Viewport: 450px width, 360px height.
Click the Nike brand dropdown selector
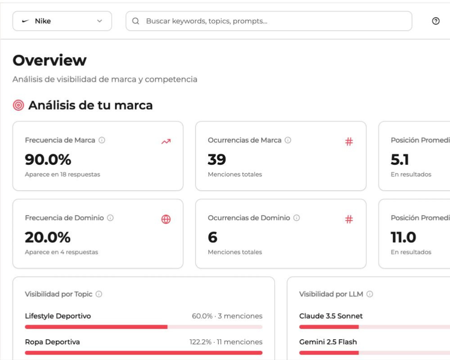tap(62, 21)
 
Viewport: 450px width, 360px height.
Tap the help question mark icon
tap(436, 21)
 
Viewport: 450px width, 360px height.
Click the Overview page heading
tap(49, 60)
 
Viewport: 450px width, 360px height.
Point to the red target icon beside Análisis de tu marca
tap(18, 105)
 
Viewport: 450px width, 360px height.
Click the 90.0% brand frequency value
tap(48, 159)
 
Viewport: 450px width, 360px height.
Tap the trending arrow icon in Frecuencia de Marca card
tap(166, 142)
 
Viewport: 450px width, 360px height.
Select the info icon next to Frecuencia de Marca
tap(102, 140)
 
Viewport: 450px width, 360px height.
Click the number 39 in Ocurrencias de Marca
tap(217, 159)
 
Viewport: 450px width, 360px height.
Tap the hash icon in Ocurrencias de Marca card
tap(349, 142)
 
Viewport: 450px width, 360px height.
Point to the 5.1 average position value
tap(400, 159)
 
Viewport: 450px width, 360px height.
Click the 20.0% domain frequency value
tap(48, 237)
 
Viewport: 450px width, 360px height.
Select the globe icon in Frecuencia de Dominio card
tap(166, 220)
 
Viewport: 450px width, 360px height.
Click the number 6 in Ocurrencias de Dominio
tap(212, 237)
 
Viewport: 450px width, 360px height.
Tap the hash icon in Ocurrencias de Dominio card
tap(349, 220)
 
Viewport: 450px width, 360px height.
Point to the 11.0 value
tap(403, 237)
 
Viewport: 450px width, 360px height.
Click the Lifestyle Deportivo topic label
tap(58, 316)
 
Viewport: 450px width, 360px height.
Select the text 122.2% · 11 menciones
tap(226, 342)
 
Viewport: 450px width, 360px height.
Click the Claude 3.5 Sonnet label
tap(331, 316)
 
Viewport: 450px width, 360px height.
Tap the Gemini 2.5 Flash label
tap(328, 342)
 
